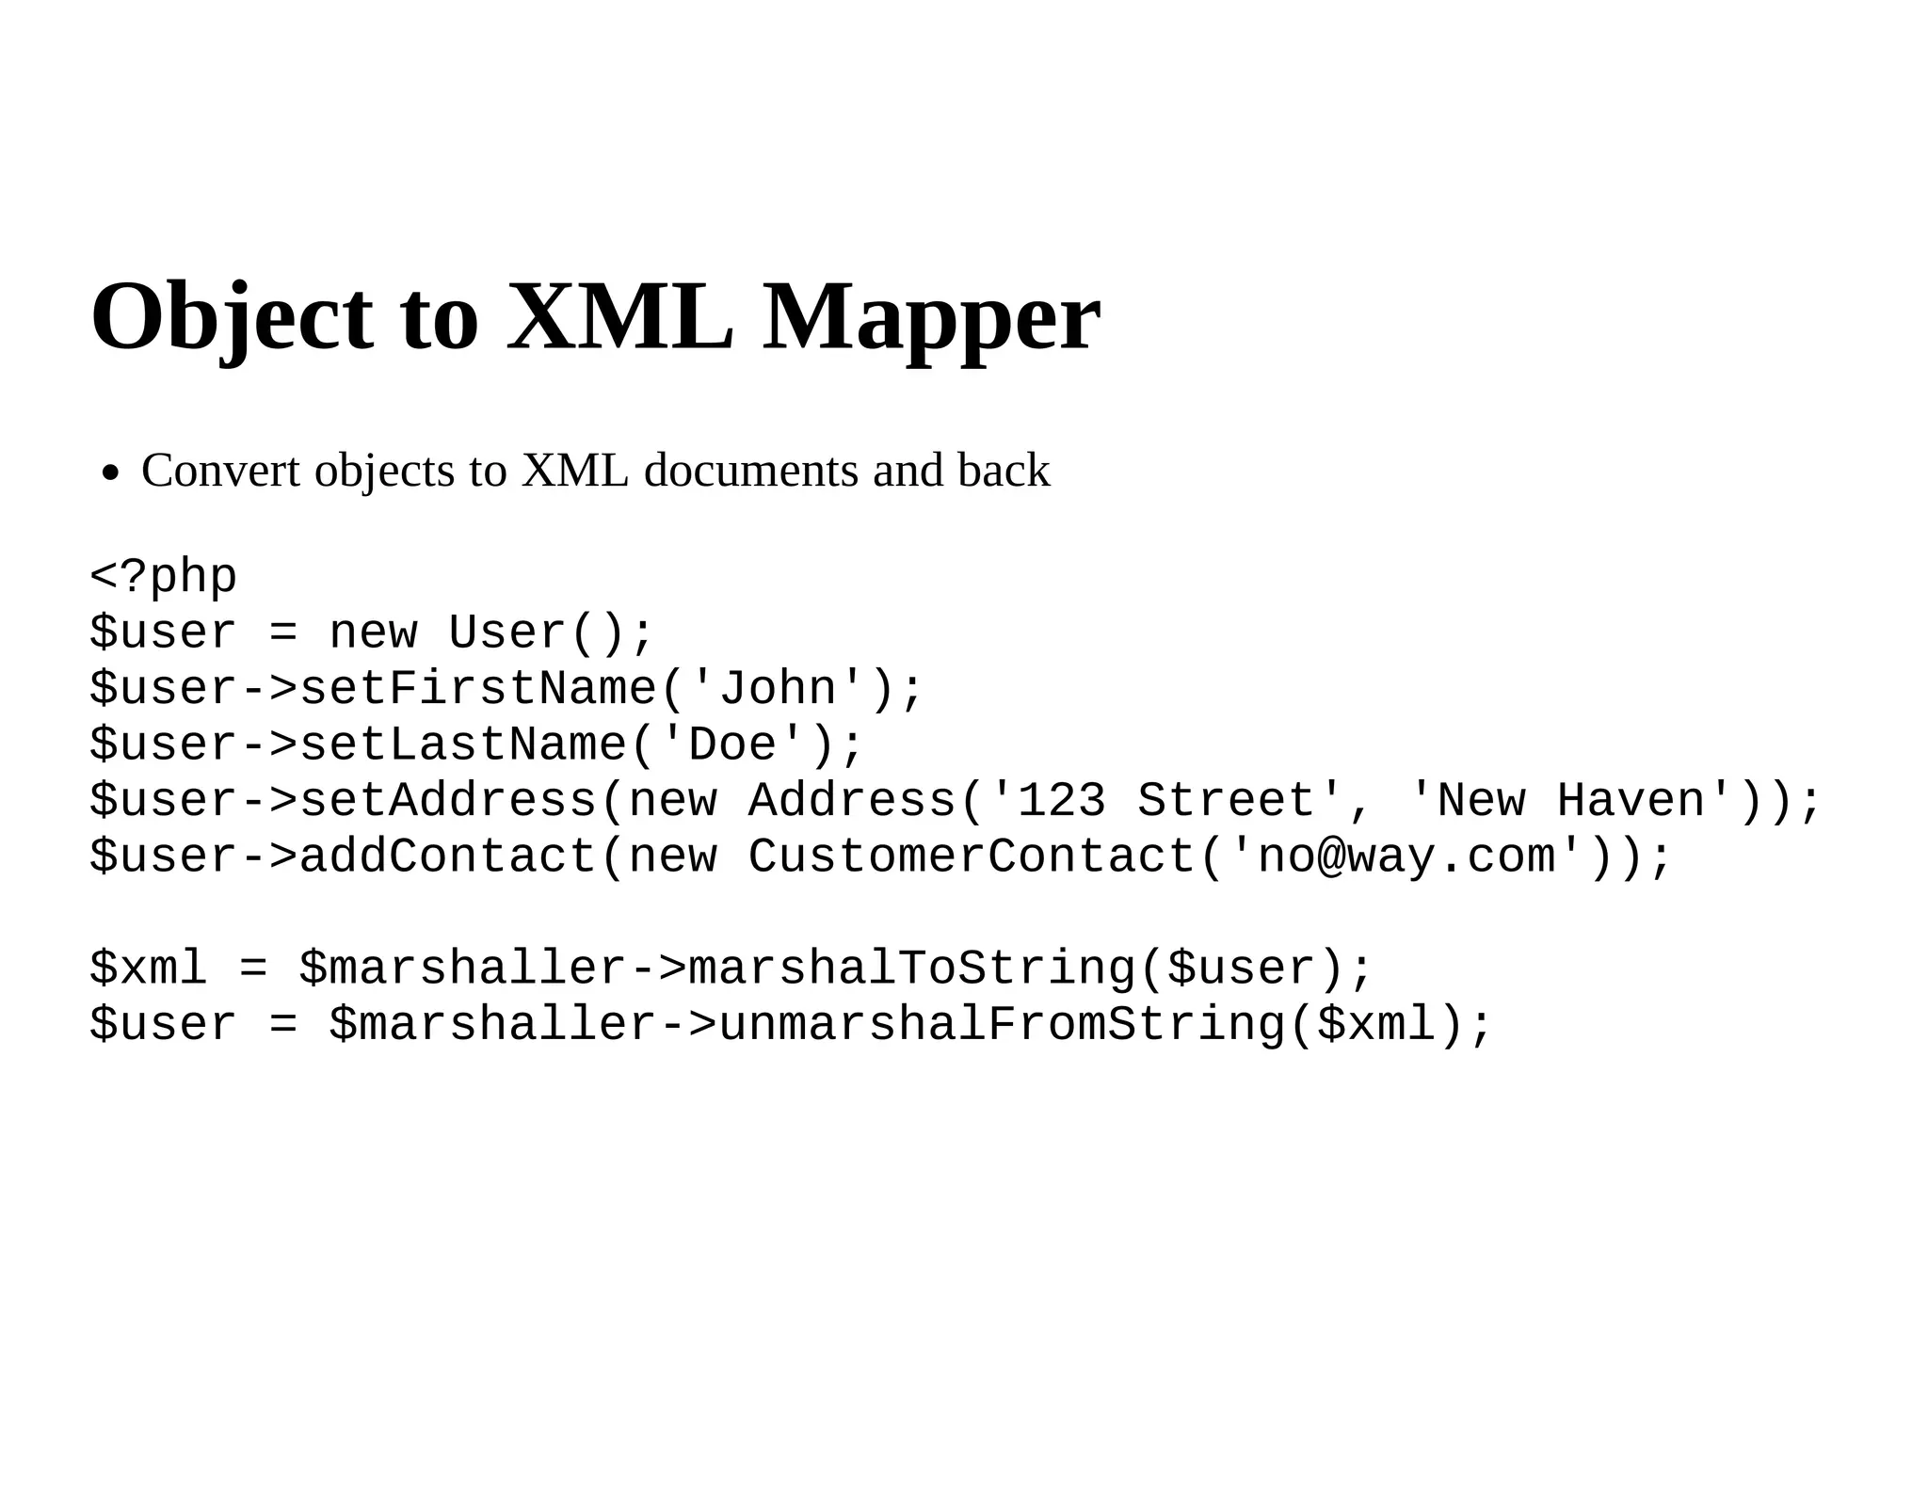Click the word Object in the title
(232, 317)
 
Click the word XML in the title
(619, 317)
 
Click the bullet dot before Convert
(111, 473)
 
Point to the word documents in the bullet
(750, 471)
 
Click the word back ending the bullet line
(1004, 471)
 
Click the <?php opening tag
(164, 576)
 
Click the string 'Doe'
(732, 744)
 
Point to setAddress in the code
(447, 800)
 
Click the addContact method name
(447, 857)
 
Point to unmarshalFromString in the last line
(1002, 1024)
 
